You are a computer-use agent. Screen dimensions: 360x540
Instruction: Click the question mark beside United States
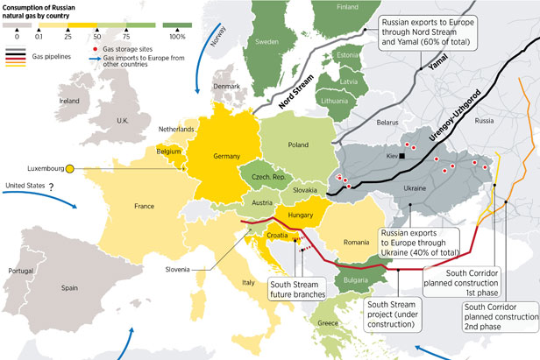point(52,187)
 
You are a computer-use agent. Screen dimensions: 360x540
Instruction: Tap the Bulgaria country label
point(357,280)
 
